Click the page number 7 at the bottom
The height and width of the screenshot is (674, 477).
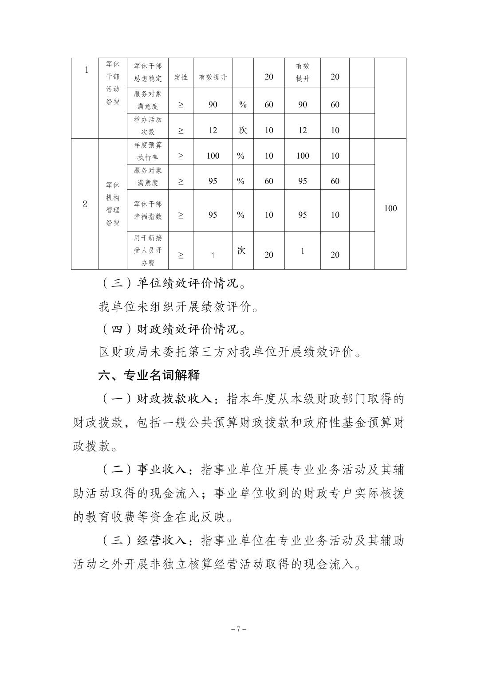coord(238,629)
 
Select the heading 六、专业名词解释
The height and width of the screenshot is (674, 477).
coord(149,375)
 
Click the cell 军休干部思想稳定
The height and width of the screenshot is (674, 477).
coord(148,72)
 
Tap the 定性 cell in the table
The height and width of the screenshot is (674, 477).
coord(181,77)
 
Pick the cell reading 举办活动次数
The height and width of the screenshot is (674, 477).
coord(148,125)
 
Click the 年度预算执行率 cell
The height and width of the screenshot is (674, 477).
coord(148,151)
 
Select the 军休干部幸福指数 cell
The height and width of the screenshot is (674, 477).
coord(148,210)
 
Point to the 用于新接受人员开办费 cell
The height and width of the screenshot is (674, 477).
coord(148,250)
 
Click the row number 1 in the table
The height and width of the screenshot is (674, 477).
coord(87,70)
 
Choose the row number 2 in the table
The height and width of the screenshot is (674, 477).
coord(85,204)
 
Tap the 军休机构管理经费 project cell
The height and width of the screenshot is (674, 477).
coord(113,204)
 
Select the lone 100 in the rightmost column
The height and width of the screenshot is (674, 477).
coord(390,208)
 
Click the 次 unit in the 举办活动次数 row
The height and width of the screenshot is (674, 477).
coord(243,130)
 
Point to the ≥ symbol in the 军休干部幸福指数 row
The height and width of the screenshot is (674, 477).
coord(181,215)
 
